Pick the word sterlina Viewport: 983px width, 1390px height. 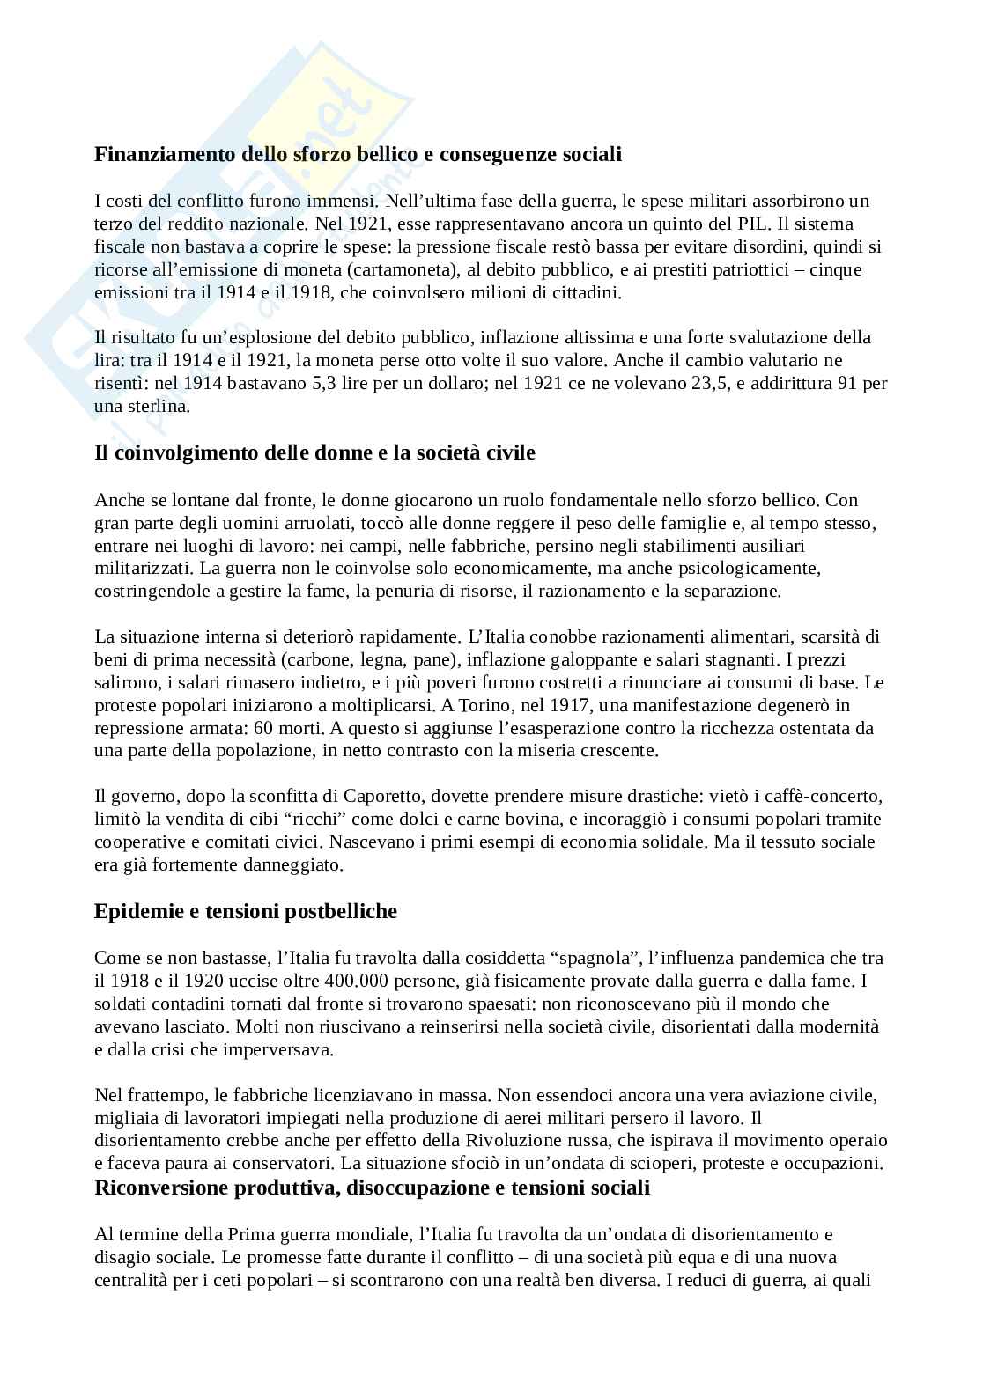[155, 406]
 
